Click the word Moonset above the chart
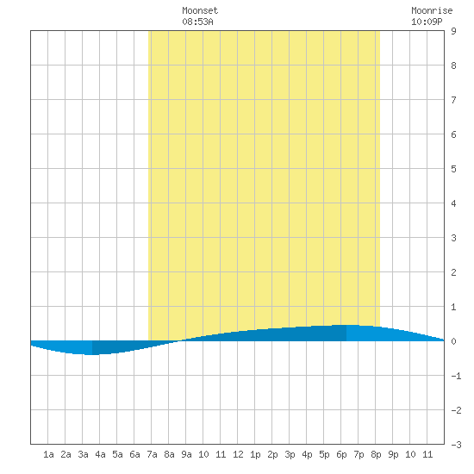(x=200, y=11)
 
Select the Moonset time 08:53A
(x=197, y=22)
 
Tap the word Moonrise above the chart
(x=432, y=11)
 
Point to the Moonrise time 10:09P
(x=427, y=22)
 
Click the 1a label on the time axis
(x=48, y=454)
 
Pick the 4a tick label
(x=100, y=454)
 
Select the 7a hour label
(x=152, y=454)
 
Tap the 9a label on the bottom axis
(x=186, y=454)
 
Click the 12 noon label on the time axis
(x=238, y=454)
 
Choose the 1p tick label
(x=255, y=454)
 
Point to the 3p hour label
(x=290, y=454)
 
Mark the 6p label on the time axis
(x=341, y=454)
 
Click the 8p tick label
(x=376, y=454)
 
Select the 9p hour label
(x=393, y=454)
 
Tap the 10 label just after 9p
(x=410, y=454)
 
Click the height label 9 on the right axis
(x=453, y=31)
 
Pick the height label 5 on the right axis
(x=453, y=169)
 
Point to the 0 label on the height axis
(x=453, y=341)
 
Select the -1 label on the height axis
(x=456, y=376)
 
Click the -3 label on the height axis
(x=456, y=445)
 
